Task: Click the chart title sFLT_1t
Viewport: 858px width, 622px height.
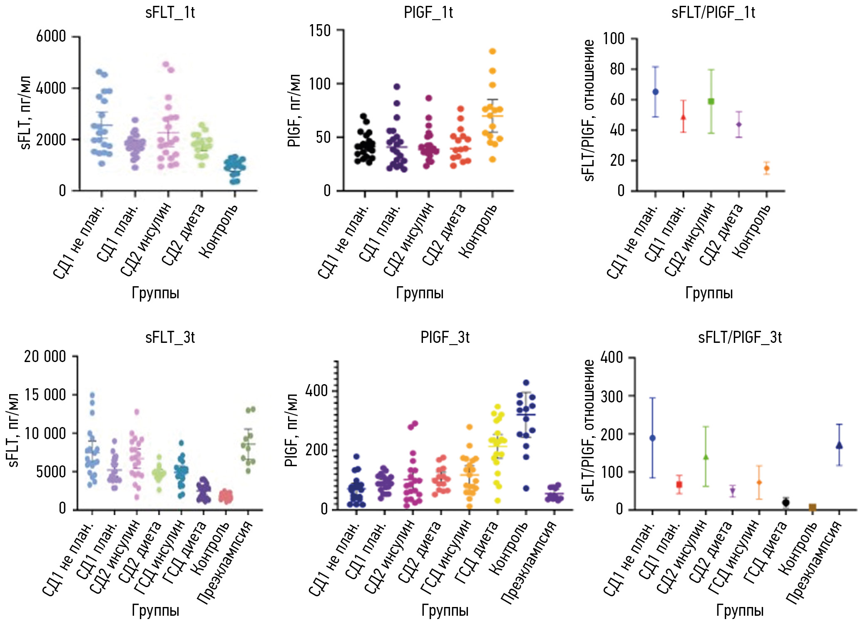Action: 170,12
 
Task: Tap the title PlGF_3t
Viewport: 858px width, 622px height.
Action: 445,337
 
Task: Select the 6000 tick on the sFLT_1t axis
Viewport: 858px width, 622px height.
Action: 51,37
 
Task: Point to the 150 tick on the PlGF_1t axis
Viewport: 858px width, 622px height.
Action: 320,30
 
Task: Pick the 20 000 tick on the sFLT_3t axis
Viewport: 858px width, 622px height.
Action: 45,357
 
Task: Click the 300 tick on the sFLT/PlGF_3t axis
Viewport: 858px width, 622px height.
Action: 612,396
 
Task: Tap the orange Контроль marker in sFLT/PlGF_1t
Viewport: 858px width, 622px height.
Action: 766,168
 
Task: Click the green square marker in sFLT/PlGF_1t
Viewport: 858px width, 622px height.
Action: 711,101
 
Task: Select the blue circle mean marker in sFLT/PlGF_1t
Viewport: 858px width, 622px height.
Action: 655,92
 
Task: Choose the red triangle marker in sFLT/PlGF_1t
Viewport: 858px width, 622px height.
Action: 683,117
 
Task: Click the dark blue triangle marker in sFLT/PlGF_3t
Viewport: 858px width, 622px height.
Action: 839,445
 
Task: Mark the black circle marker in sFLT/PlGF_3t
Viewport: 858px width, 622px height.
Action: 786,502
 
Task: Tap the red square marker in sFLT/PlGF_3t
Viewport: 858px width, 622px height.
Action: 679,485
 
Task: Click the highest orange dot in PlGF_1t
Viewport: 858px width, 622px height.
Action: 492,51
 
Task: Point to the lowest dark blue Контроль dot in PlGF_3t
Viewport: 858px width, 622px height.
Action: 526,488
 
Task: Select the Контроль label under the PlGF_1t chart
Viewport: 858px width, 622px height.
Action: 479,231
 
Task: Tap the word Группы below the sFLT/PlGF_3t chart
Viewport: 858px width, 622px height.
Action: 740,610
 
